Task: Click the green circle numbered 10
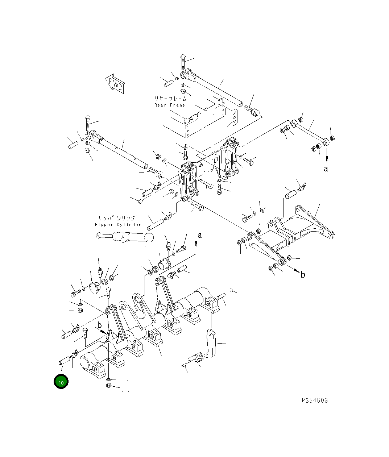pos(61,381)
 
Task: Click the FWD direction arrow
pos(115,84)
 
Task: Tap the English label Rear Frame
pos(170,105)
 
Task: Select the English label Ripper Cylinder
pos(118,225)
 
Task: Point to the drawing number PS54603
pos(315,400)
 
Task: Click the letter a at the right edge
pos(326,169)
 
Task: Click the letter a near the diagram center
pos(200,235)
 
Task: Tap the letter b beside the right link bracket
pos(303,275)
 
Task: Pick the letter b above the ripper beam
pos(100,325)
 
